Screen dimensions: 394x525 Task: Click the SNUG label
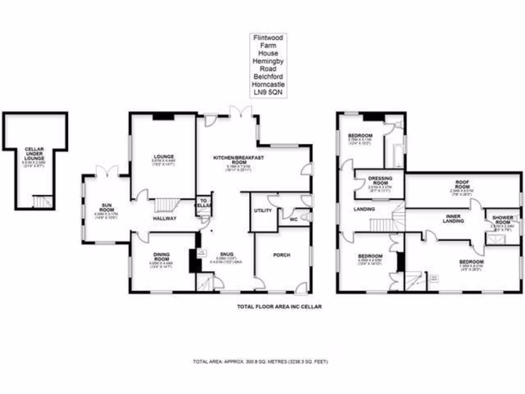point(226,254)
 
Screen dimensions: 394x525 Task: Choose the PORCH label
point(281,255)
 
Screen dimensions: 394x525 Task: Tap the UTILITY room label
point(261,211)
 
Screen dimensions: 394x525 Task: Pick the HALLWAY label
point(164,219)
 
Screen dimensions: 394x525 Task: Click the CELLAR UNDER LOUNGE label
point(35,152)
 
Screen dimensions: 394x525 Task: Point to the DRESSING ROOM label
point(380,181)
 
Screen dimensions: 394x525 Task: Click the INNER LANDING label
point(453,219)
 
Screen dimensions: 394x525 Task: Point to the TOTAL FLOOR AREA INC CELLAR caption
point(279,307)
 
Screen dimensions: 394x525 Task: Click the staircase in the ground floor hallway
point(166,205)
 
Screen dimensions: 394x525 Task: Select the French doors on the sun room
point(109,171)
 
